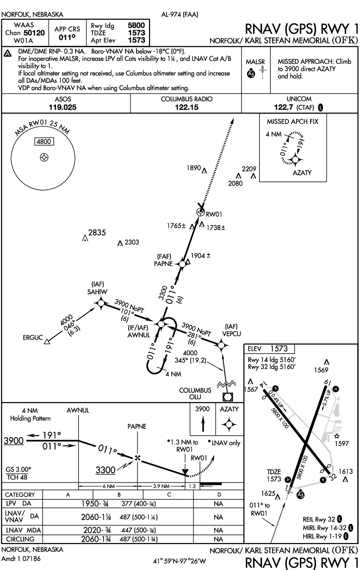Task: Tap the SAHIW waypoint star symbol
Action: click(x=100, y=303)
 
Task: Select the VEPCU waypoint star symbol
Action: click(x=222, y=344)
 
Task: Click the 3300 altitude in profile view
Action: click(x=105, y=470)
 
